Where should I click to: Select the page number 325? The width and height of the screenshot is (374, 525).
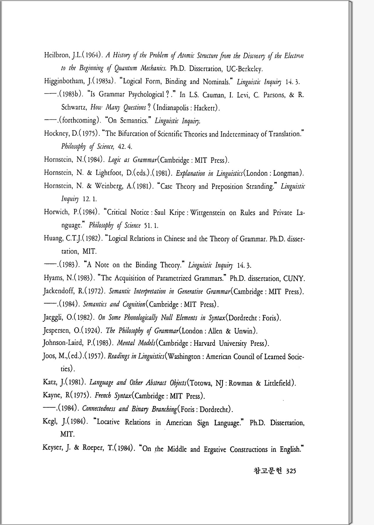291,471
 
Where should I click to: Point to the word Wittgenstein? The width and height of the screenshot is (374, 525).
207,213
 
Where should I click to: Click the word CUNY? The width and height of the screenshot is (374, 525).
294,278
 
